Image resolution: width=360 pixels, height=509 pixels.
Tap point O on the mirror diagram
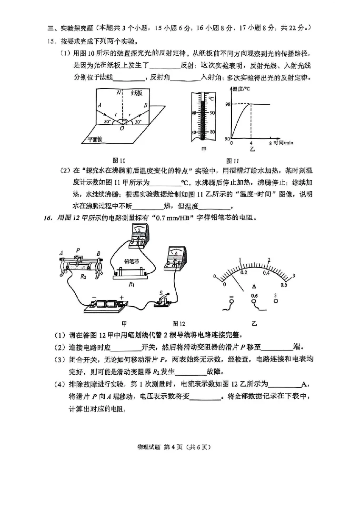(x=123, y=127)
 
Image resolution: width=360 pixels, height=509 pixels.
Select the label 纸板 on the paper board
(x=137, y=93)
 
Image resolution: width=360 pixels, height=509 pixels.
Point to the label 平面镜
(x=95, y=139)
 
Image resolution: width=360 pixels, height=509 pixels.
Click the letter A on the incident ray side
(x=99, y=105)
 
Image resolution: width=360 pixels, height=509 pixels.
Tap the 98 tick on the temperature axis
(x=228, y=104)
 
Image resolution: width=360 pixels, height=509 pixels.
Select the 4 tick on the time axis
(x=251, y=142)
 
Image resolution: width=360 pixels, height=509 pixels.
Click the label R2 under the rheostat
(x=83, y=276)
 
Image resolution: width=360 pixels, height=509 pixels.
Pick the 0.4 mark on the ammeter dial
(x=266, y=273)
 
